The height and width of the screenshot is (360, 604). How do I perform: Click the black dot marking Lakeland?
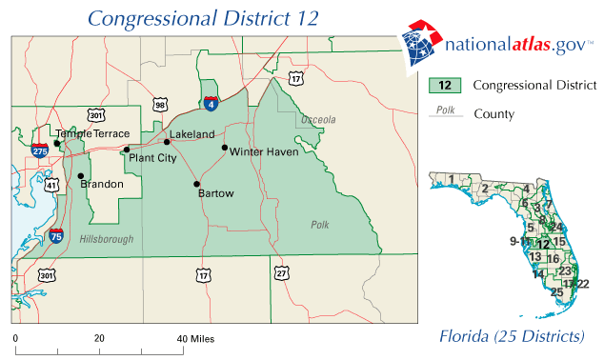pos(167,142)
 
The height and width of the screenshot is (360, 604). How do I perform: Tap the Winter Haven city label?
pos(264,151)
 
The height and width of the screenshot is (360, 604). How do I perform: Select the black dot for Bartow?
pos(197,184)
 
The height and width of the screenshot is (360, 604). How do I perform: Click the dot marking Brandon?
pos(81,176)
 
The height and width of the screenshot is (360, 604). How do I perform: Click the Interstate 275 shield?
pos(39,150)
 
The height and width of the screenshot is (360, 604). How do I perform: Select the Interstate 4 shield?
pos(210,104)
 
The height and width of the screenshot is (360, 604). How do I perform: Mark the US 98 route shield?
pos(160,104)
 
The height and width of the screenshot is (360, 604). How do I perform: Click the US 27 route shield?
pos(281,273)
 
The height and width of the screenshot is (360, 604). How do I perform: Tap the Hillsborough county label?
pos(107,239)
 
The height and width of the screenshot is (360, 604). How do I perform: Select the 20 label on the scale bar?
pos(98,338)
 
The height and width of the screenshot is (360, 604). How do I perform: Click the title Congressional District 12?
pos(204,18)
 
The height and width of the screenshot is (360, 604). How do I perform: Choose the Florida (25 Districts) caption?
pos(512,337)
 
